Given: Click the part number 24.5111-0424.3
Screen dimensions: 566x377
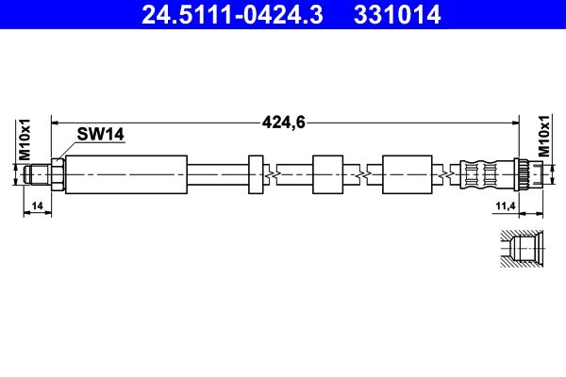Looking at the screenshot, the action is click(232, 15).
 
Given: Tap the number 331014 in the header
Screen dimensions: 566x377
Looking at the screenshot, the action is click(397, 15).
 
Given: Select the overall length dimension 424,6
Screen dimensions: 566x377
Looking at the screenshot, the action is click(284, 123).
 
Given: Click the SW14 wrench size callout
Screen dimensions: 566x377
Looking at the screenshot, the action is click(100, 134).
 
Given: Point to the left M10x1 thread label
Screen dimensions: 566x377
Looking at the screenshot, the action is click(25, 139).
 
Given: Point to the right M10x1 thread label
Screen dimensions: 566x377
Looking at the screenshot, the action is click(543, 136).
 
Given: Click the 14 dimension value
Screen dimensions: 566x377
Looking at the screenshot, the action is click(37, 206).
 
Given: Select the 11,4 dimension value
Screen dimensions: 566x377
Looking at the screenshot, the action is click(506, 206).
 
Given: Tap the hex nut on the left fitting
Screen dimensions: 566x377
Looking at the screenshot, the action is click(58, 174).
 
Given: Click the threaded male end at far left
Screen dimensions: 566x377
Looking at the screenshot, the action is click(38, 174).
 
